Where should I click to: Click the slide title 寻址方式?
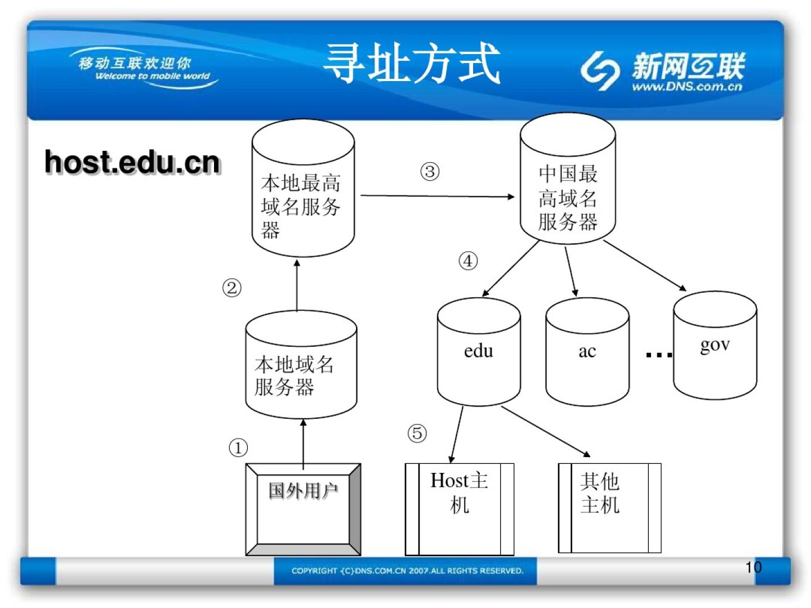[412, 64]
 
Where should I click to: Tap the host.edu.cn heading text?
[132, 163]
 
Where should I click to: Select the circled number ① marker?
[238, 448]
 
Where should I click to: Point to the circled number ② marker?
[231, 288]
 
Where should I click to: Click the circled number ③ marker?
[430, 172]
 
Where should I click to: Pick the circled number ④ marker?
[468, 261]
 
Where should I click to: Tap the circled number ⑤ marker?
[417, 433]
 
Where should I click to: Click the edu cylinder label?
[479, 351]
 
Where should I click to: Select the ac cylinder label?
[587, 352]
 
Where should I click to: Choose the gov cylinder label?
[715, 345]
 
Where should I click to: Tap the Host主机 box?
[459, 508]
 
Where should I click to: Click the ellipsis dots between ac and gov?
[658, 355]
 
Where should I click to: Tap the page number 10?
[753, 567]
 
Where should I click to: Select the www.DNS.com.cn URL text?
[687, 87]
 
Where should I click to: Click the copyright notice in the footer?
[407, 571]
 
